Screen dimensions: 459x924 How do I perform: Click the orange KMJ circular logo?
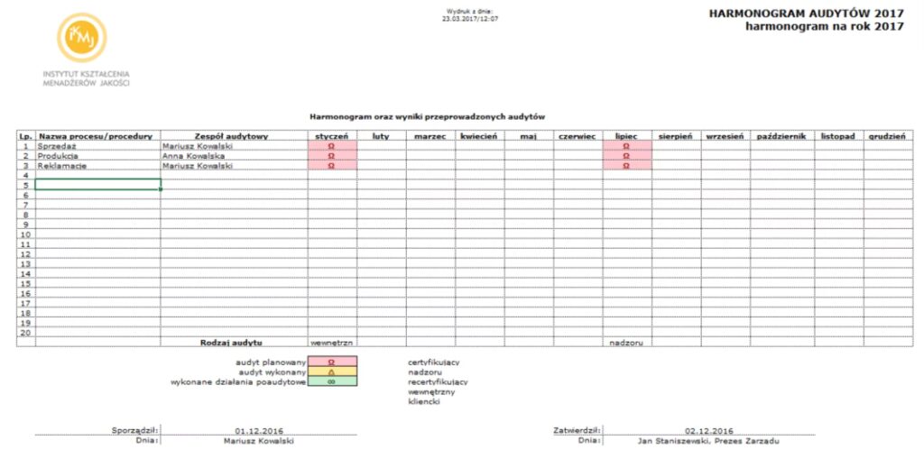(x=82, y=38)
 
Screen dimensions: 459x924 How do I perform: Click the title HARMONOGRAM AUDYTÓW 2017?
(x=806, y=14)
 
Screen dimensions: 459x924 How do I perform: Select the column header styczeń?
(x=331, y=136)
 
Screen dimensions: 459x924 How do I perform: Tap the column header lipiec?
(x=626, y=136)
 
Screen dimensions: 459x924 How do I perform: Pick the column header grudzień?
(x=887, y=136)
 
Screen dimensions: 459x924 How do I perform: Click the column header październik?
(x=781, y=136)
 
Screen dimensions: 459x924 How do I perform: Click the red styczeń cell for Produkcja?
(x=331, y=156)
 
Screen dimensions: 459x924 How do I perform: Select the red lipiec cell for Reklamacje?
(x=626, y=166)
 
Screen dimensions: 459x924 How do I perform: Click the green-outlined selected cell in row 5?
(x=97, y=185)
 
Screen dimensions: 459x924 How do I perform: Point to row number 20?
(x=25, y=333)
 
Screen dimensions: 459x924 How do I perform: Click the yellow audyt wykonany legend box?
(x=331, y=372)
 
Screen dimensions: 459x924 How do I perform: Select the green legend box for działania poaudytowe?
(x=331, y=381)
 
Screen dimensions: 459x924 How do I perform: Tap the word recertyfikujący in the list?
(x=437, y=381)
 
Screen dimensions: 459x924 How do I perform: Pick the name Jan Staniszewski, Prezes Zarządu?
(x=708, y=441)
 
